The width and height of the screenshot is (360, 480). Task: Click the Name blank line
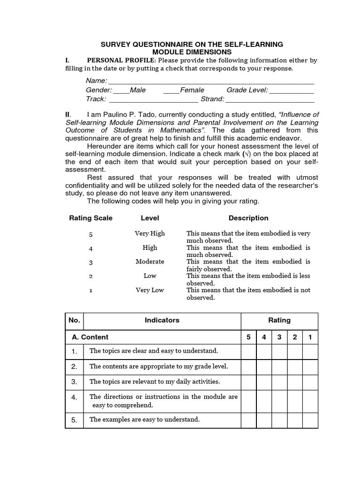pyautogui.click(x=211, y=82)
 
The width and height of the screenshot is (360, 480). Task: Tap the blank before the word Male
pyautogui.click(x=121, y=90)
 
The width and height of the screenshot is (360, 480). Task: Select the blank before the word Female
pyautogui.click(x=172, y=90)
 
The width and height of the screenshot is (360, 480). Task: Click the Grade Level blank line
pyautogui.click(x=291, y=90)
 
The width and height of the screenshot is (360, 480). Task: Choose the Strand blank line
pyautogui.click(x=270, y=99)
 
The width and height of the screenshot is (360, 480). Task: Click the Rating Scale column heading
pyautogui.click(x=91, y=218)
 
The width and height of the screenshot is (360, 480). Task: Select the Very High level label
pyautogui.click(x=150, y=233)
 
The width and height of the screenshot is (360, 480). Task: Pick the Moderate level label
pyautogui.click(x=150, y=262)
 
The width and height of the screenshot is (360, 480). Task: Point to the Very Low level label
pyautogui.click(x=150, y=290)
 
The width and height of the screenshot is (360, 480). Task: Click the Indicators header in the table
pyautogui.click(x=162, y=321)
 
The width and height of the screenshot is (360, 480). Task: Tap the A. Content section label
pyautogui.click(x=90, y=337)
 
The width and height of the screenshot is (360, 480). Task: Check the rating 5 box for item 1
pyautogui.click(x=248, y=351)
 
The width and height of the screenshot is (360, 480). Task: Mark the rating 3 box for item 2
pyautogui.click(x=279, y=367)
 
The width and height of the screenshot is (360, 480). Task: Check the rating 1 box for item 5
pyautogui.click(x=310, y=420)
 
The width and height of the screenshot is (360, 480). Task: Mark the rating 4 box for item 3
pyautogui.click(x=264, y=382)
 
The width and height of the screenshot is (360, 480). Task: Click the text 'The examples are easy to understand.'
pyautogui.click(x=144, y=420)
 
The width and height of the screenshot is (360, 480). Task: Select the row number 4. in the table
pyautogui.click(x=74, y=397)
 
